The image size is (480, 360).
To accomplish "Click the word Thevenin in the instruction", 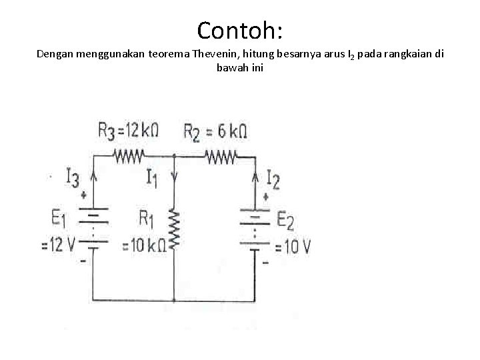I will (212, 54).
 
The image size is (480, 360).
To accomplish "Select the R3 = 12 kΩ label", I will (128, 131).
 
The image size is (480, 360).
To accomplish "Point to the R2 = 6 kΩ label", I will (215, 131).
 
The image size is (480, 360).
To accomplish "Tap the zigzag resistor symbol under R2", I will (221, 157).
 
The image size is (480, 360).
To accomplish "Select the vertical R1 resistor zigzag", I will (174, 229).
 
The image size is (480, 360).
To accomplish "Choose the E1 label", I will (59, 218).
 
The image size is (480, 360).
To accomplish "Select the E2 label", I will (285, 220).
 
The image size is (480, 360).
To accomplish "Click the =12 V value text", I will (59, 245).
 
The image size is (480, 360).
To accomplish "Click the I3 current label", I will (73, 177).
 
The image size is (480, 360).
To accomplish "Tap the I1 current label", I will (153, 177).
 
